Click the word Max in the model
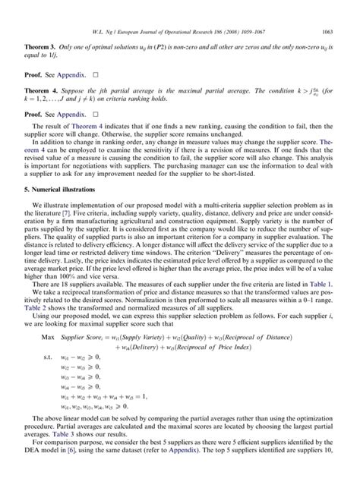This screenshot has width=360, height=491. tap(47, 335)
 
